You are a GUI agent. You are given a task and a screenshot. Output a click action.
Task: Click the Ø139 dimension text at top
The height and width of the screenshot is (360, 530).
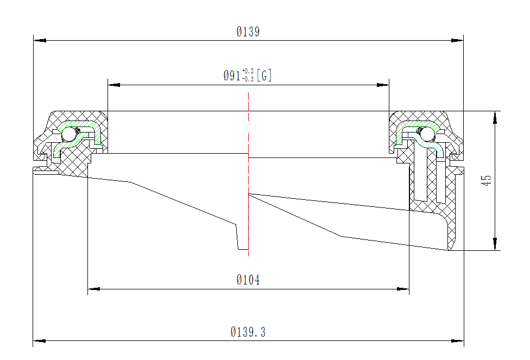(248, 32)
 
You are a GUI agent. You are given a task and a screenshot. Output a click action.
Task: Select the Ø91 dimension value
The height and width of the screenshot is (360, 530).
(232, 76)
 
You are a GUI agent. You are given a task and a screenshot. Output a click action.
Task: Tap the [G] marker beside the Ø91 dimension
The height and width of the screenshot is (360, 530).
(264, 76)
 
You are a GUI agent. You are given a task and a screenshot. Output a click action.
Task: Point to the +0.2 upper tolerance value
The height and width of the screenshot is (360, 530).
(248, 71)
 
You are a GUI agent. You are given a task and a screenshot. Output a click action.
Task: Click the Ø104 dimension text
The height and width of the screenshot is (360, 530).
(248, 280)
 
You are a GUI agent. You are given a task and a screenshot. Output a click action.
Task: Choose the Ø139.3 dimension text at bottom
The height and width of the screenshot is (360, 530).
(248, 332)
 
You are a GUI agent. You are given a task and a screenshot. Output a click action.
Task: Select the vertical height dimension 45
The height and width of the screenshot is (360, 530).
(487, 181)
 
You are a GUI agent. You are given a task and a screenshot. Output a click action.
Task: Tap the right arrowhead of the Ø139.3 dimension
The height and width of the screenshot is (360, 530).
(458, 341)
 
